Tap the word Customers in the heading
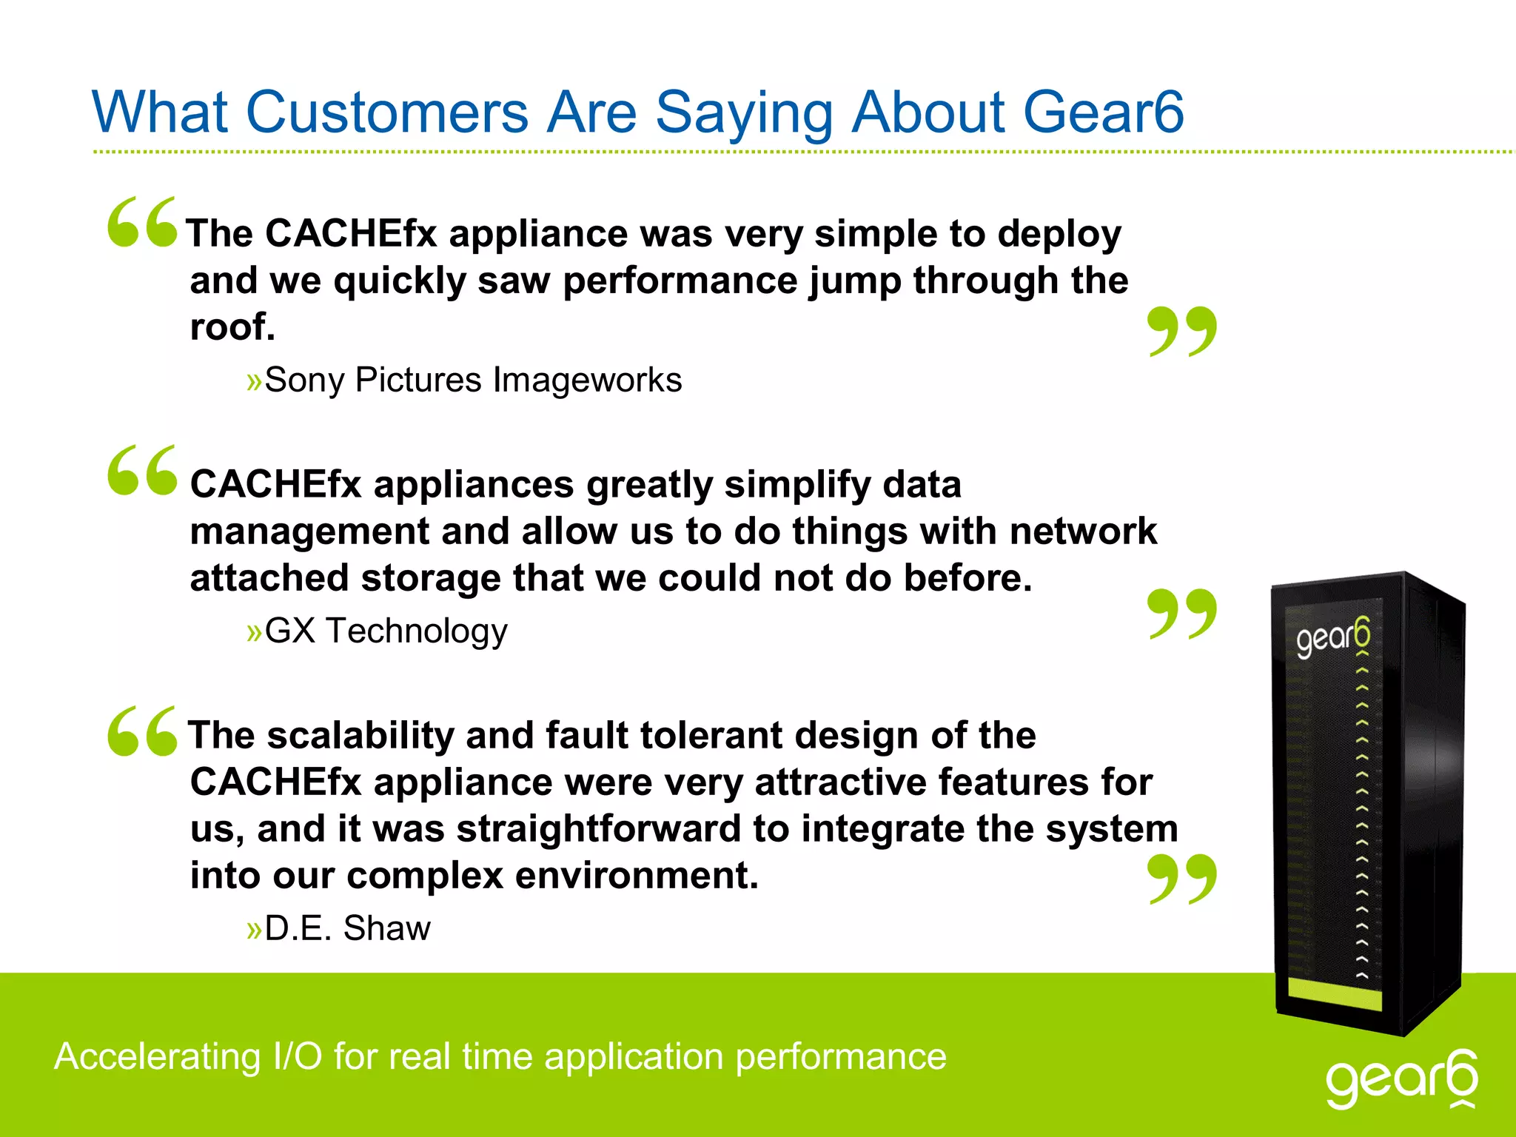tap(386, 113)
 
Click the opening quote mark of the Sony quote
tap(142, 221)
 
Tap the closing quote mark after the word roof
tap(1181, 331)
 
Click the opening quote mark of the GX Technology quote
tap(142, 470)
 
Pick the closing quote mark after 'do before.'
tap(1181, 614)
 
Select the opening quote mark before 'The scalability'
tap(142, 731)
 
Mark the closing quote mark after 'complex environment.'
tap(1181, 879)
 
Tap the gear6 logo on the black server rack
tap(1332, 637)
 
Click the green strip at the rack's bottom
tap(1335, 993)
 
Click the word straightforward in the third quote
tap(598, 829)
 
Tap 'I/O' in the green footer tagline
tap(298, 1056)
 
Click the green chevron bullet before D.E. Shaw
tap(254, 930)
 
